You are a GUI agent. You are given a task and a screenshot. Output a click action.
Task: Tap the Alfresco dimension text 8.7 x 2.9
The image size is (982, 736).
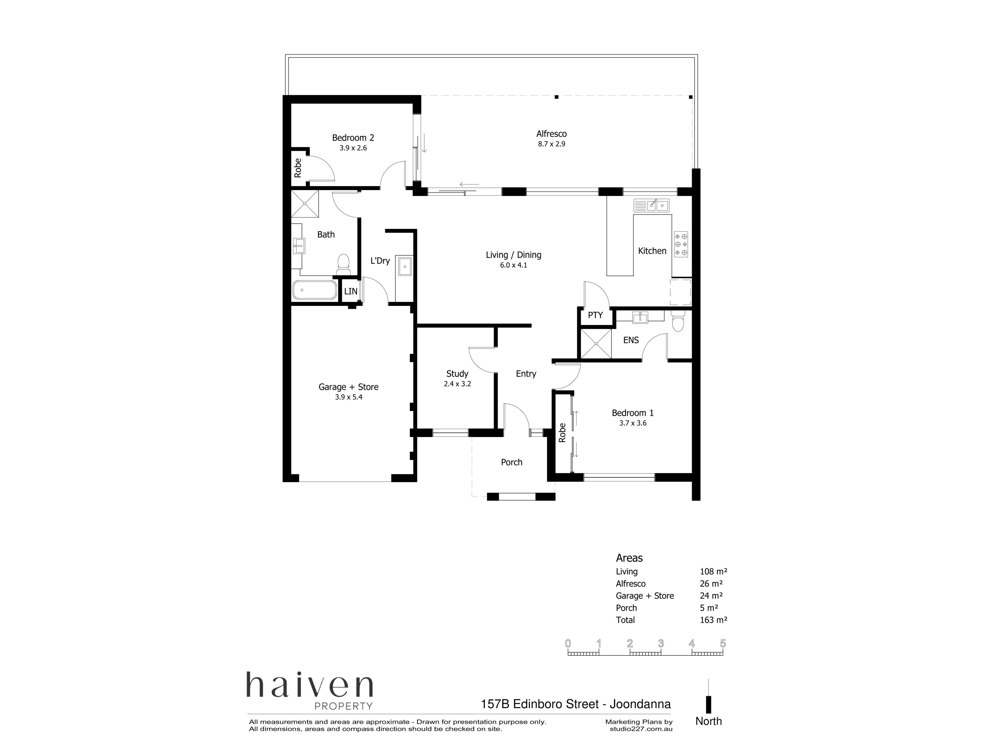(551, 144)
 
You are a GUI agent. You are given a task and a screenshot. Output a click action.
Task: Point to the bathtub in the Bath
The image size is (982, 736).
(314, 290)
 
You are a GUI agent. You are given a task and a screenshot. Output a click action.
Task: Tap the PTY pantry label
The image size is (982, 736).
(595, 315)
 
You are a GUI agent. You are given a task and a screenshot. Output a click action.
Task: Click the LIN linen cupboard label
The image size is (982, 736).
(351, 292)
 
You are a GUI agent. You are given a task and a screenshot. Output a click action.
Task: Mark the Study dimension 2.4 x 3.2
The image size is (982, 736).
(457, 384)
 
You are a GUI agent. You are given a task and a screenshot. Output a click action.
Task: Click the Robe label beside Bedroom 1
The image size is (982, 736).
(562, 433)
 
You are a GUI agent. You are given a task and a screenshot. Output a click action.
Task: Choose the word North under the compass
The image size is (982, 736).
(709, 721)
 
